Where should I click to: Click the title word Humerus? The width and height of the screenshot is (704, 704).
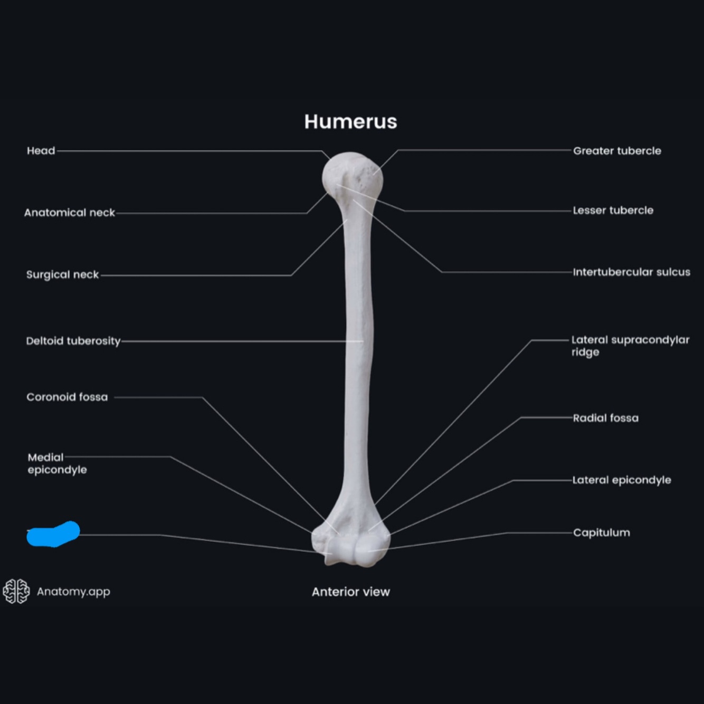pos(350,122)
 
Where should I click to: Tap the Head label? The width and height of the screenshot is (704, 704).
pos(41,151)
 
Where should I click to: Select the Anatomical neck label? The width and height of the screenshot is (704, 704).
pos(69,213)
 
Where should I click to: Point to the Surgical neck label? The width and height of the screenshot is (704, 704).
pos(62,274)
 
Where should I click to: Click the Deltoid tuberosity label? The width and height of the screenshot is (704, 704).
pos(73,341)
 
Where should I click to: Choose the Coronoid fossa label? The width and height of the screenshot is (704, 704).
pos(67,397)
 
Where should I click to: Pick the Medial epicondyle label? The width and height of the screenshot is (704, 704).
pos(57,463)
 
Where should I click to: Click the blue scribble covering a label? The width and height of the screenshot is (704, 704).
pos(53,534)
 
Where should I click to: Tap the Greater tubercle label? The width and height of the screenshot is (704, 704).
pos(617,151)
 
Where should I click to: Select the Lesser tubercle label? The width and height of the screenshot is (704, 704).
pos(613,211)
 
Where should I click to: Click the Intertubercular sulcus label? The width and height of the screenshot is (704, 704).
pos(631,272)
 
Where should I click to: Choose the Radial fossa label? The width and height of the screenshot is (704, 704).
pos(605,418)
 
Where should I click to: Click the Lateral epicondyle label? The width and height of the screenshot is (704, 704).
pos(622,480)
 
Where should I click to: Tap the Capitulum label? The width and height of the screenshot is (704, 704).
pos(601,532)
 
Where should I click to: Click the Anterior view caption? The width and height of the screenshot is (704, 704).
pos(350,592)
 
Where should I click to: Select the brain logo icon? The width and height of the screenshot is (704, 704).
pos(16,591)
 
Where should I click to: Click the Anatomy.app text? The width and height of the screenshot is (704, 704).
pos(73,592)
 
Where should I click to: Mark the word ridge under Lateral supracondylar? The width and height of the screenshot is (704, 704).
pos(585,353)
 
